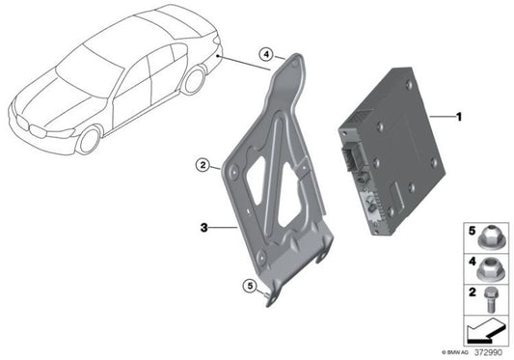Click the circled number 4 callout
coord(266,54)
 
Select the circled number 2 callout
coord(203,165)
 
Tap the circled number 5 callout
coord(250,286)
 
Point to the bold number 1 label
coord(459,117)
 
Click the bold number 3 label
coord(203,227)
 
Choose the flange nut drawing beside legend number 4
coord(489,268)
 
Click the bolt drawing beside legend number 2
coord(491,300)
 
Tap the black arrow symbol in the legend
coord(486,330)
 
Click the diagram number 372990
coord(488,352)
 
